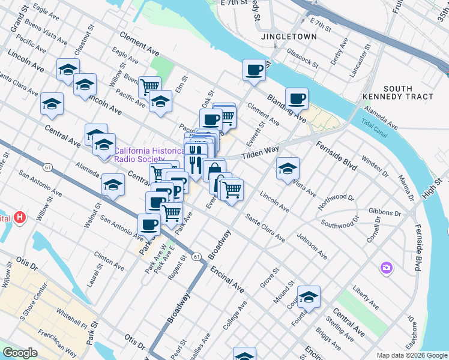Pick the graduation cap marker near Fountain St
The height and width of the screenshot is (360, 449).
[x=309, y=297]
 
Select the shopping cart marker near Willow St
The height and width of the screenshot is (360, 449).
[x=149, y=86]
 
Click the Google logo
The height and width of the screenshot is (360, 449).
[x=20, y=353]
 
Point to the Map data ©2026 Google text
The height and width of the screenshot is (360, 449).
[x=412, y=355]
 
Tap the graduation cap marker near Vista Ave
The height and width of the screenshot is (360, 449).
[x=288, y=167]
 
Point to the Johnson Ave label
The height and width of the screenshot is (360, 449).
[x=312, y=247]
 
